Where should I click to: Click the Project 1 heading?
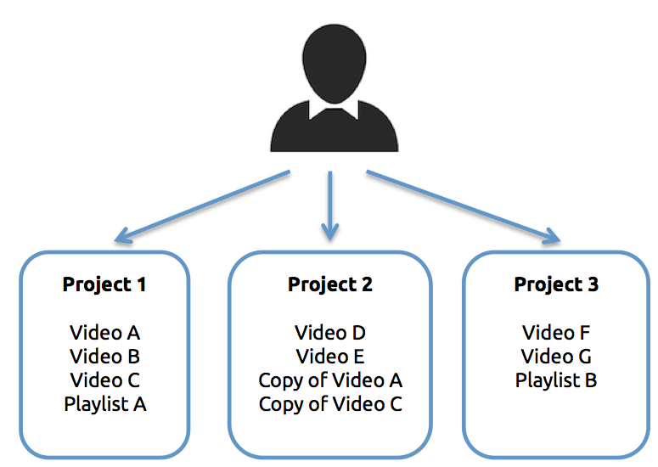tap(104, 284)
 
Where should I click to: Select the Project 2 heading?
tap(330, 284)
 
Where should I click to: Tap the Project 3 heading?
tap(556, 284)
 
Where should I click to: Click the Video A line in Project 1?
tap(105, 333)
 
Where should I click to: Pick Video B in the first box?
tap(105, 357)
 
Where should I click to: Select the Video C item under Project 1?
tap(105, 380)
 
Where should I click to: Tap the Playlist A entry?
tap(105, 404)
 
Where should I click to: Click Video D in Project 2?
tap(330, 333)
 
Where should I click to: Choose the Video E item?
tap(330, 357)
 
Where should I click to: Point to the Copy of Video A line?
tap(330, 380)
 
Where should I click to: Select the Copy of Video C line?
tap(330, 404)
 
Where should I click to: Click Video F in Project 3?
tap(556, 333)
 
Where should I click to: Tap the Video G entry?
tap(556, 357)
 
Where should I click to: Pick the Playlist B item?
tap(556, 380)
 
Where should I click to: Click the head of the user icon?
tap(334, 59)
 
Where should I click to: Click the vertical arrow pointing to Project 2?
tap(329, 204)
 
